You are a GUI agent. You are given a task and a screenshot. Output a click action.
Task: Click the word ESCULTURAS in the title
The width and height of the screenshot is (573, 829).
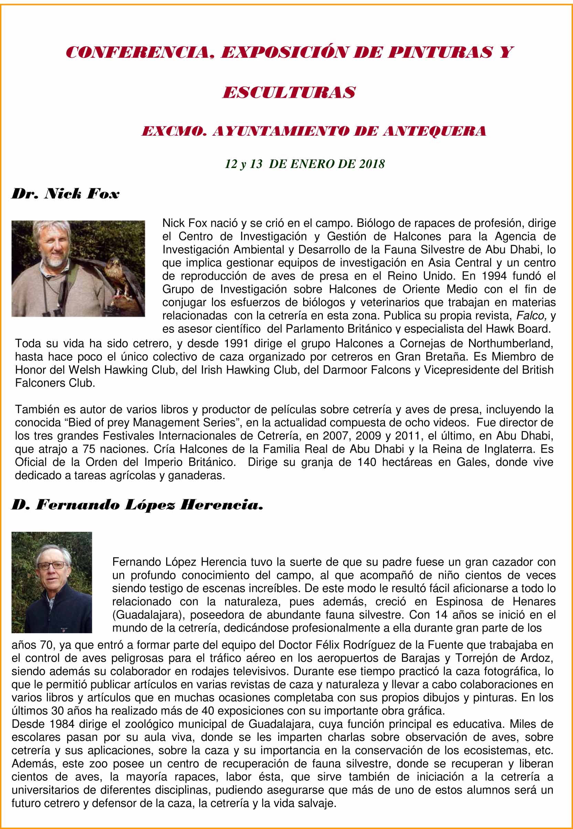pyautogui.click(x=289, y=93)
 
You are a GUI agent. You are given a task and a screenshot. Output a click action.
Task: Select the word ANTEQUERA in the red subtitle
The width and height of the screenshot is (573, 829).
pyautogui.click(x=434, y=131)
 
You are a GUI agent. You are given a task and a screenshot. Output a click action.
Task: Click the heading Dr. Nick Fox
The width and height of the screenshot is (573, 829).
pyautogui.click(x=65, y=194)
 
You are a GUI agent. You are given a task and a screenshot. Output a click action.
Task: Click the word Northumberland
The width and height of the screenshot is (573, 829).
pyautogui.click(x=510, y=344)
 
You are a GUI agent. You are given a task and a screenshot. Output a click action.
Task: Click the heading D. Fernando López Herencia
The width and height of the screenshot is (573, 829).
pyautogui.click(x=138, y=505)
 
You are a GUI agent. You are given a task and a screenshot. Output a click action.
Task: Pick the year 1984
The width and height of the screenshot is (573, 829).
pyautogui.click(x=62, y=724)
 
